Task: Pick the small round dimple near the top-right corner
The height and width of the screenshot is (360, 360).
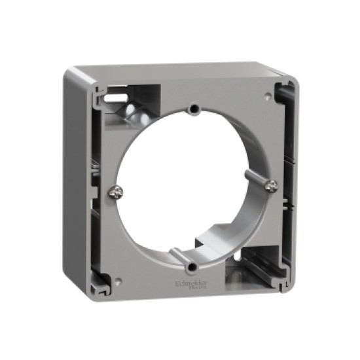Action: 268,96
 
